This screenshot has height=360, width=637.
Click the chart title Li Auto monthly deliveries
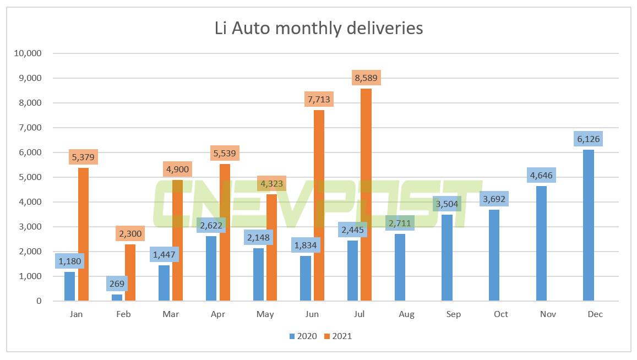coord(318,28)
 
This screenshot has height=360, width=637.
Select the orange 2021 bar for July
coord(366,195)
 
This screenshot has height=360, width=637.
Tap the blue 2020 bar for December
coord(589,225)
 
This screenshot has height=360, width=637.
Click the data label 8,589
coord(366,78)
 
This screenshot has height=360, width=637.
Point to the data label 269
coord(117,284)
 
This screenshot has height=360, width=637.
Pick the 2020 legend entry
coord(302,336)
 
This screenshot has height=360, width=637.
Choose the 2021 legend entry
coord(337,336)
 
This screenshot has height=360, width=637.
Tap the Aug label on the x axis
coord(406,314)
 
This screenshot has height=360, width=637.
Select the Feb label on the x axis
coord(123,314)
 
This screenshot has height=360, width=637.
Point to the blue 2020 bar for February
coord(117,298)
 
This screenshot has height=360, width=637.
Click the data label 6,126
coord(588,139)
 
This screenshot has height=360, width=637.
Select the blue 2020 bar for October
coord(494,255)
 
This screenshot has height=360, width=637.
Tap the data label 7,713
coord(319,100)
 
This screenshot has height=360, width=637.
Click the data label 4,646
coord(541,176)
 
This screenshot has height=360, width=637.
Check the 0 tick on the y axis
coord(39,301)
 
